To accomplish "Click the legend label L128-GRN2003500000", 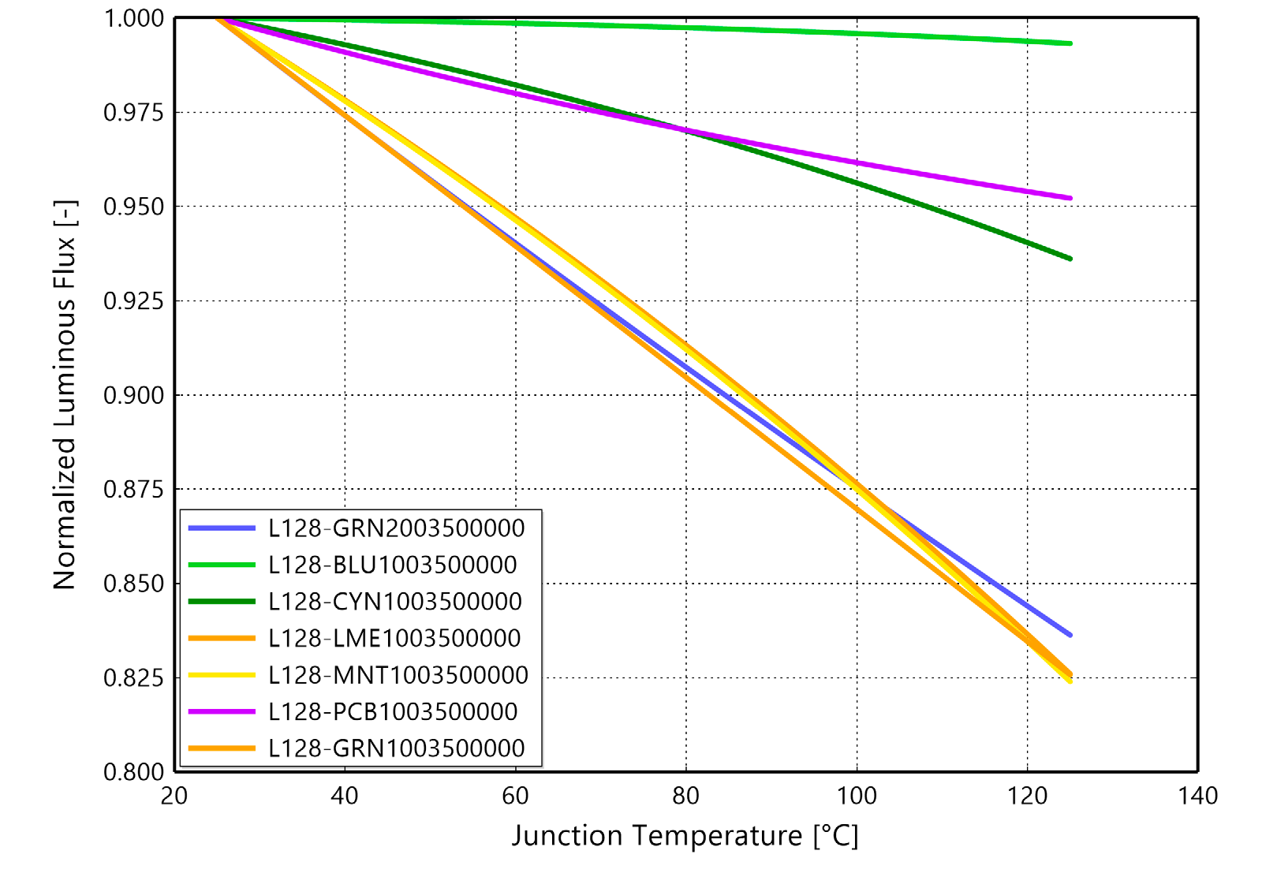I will click(x=396, y=528).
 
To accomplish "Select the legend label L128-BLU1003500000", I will click(x=392, y=565).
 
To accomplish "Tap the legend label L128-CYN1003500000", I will click(x=394, y=602).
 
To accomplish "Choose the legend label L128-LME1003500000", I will click(x=394, y=638).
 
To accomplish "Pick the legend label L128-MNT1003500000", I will click(x=398, y=675).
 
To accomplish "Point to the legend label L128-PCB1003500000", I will click(x=392, y=711).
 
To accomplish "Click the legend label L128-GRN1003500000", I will click(x=396, y=748).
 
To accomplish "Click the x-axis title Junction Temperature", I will click(x=685, y=836).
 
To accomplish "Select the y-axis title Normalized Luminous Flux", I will click(x=65, y=394).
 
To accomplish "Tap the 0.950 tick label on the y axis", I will click(x=133, y=207).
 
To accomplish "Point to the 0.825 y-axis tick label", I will click(x=133, y=678).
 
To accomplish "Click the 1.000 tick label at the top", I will click(x=133, y=18).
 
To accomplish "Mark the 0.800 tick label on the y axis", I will click(x=133, y=772).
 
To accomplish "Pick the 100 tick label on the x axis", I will click(x=857, y=797).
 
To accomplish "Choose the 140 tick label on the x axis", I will click(x=1197, y=797).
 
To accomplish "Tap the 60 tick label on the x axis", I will click(x=515, y=797).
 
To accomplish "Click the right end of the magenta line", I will click(x=1070, y=198).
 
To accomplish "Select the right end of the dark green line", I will click(x=1070, y=259).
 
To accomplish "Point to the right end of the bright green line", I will click(x=1070, y=43).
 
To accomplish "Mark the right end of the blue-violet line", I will click(x=1070, y=635).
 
